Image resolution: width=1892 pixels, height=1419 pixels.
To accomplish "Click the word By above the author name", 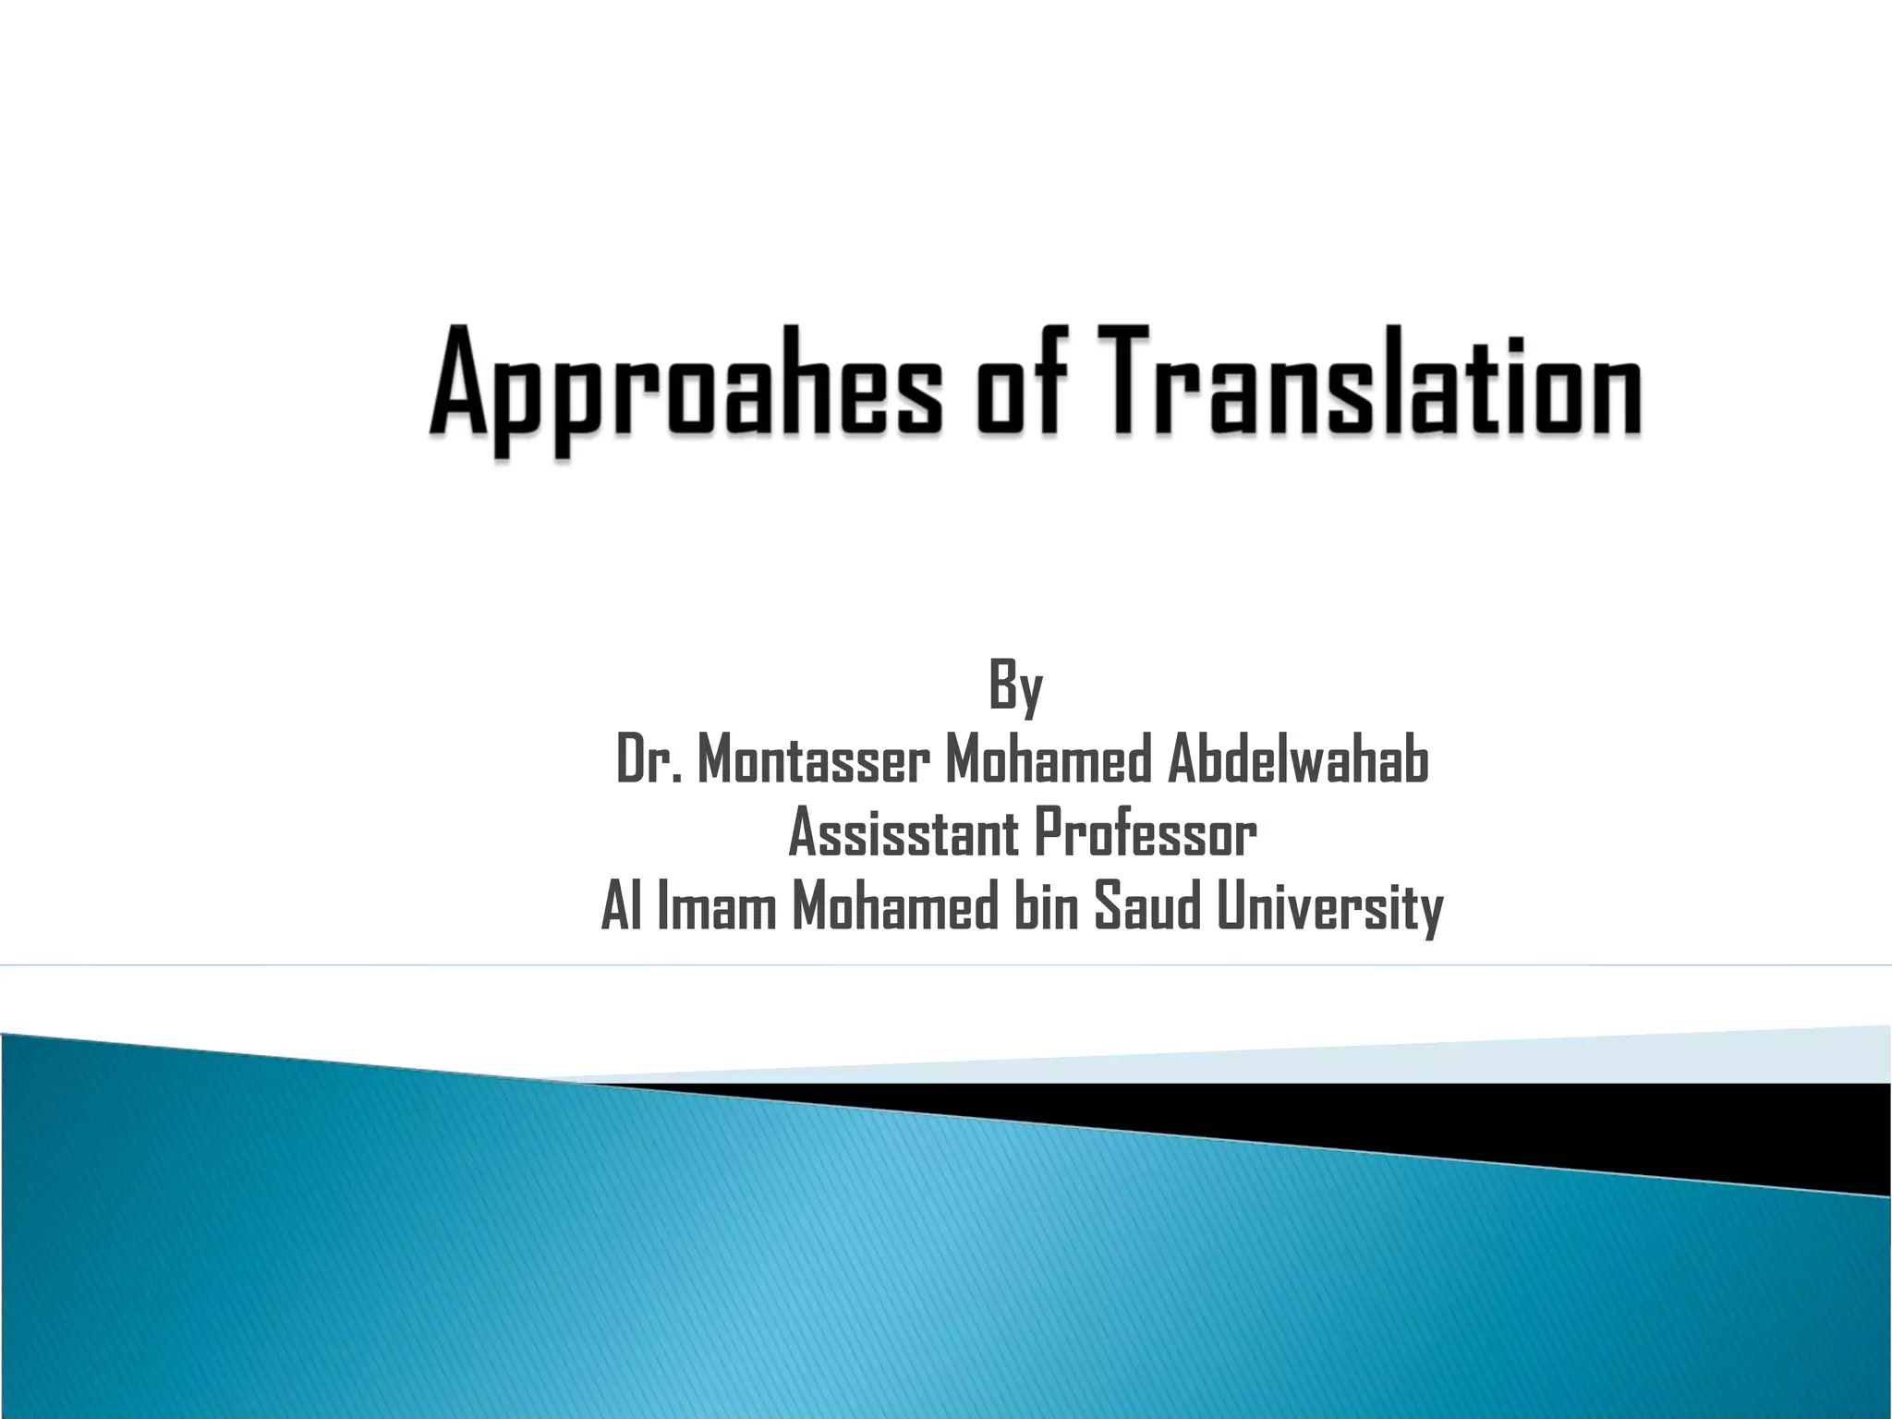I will [x=1015, y=686].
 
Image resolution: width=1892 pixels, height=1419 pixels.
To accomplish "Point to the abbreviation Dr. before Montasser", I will [x=649, y=760].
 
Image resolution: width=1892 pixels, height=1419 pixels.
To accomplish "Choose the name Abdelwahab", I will [x=1298, y=760].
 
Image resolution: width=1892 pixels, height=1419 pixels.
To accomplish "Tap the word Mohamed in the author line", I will [x=1048, y=760].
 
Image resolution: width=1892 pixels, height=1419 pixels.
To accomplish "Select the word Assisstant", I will [x=903, y=833].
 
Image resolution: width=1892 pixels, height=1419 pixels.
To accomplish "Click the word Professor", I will [x=1145, y=833].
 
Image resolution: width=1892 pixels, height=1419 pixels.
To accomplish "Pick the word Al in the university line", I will [x=622, y=907].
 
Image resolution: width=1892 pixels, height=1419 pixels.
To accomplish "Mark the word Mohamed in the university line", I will [x=895, y=907].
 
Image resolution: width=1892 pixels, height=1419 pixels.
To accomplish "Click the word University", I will [x=1329, y=907].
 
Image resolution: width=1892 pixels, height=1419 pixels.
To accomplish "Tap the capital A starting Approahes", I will [x=458, y=383].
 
